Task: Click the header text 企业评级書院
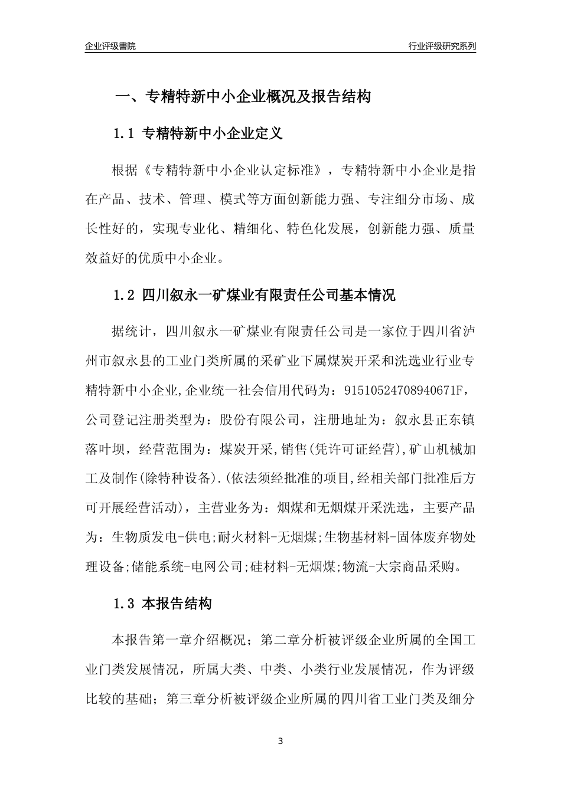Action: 110,46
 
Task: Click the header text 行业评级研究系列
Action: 442,46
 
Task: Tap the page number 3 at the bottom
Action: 280,741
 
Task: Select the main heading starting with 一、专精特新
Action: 242,97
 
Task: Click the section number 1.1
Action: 125,134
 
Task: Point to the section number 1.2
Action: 125,296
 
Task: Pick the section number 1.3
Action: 125,604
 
